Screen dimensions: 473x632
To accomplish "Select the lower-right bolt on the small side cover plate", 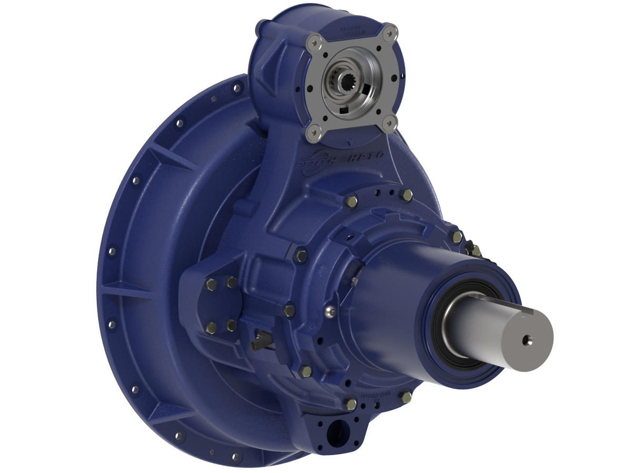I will point(231,326).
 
